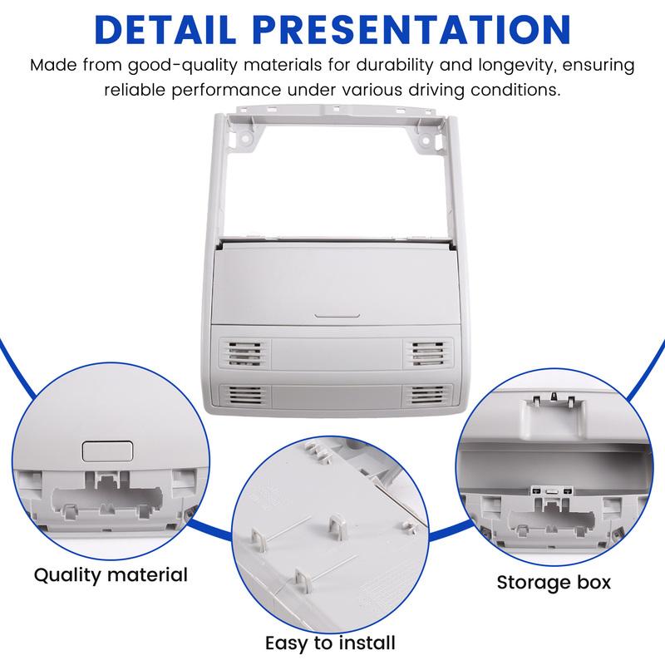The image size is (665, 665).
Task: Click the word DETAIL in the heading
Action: [x=165, y=30]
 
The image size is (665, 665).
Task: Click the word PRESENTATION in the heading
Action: [x=411, y=30]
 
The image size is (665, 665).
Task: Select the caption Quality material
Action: [x=111, y=575]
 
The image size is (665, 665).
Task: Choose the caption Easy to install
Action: [x=330, y=643]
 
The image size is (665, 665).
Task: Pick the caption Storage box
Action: [x=554, y=583]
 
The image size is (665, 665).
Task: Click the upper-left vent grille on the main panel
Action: [x=244, y=352]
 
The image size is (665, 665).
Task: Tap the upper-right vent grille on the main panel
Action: [x=428, y=352]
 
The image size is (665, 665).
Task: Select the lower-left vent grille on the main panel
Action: [x=245, y=395]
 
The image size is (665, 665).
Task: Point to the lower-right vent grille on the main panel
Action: [x=426, y=395]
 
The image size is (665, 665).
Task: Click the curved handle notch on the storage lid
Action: [x=337, y=316]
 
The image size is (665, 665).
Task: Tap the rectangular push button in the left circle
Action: [x=107, y=451]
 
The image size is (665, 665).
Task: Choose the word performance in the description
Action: [x=226, y=91]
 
